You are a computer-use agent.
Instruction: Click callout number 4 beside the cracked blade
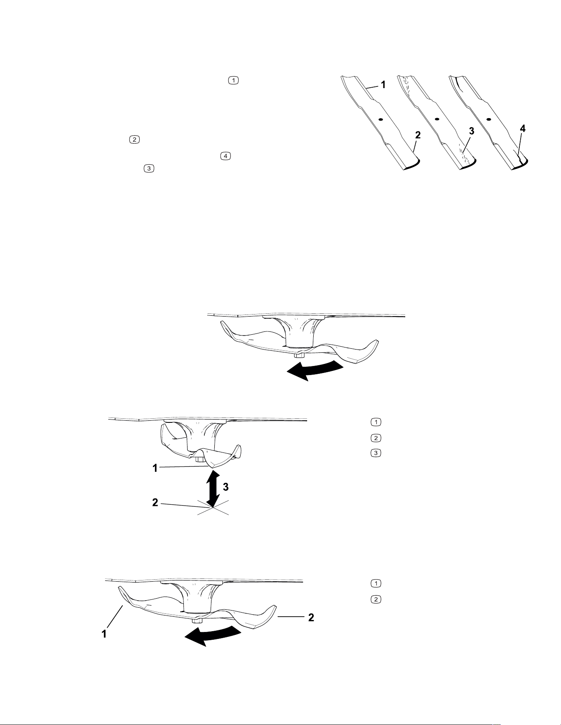pyautogui.click(x=522, y=129)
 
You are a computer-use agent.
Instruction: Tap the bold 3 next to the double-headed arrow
pyautogui.click(x=225, y=487)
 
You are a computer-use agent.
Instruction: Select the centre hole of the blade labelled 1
pyautogui.click(x=381, y=119)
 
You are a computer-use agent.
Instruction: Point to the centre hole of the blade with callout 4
pyautogui.click(x=488, y=119)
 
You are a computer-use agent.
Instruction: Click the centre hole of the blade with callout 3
pyautogui.click(x=437, y=119)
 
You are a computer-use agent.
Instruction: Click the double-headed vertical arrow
pyautogui.click(x=213, y=489)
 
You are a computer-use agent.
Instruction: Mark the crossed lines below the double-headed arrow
pyautogui.click(x=213, y=509)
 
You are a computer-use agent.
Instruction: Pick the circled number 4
pyautogui.click(x=225, y=156)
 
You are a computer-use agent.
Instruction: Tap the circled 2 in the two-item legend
pyautogui.click(x=376, y=599)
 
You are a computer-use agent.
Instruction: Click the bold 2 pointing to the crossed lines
pyautogui.click(x=155, y=503)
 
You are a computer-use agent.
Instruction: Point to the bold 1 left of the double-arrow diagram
pyautogui.click(x=155, y=468)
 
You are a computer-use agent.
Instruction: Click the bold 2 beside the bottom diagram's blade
pyautogui.click(x=312, y=617)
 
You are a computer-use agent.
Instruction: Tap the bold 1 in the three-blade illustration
pyautogui.click(x=383, y=85)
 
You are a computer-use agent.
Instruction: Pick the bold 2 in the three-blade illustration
pyautogui.click(x=418, y=135)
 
